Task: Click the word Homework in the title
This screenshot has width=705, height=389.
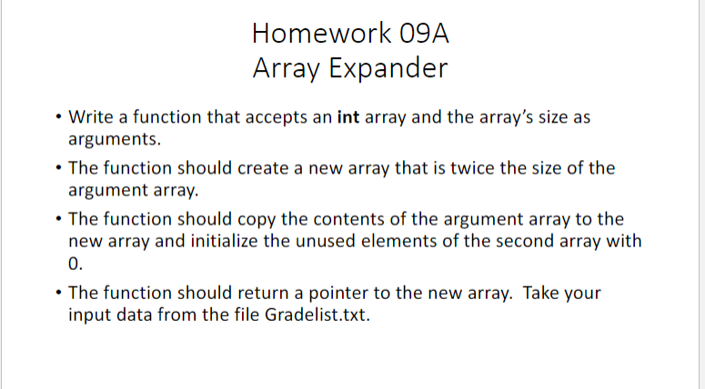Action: (307, 35)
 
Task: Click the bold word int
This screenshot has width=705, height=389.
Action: (347, 118)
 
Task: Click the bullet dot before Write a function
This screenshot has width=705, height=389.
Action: (58, 119)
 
